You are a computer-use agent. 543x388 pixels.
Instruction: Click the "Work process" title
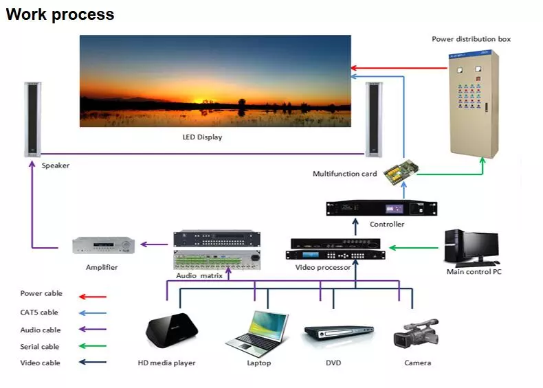[x=60, y=14]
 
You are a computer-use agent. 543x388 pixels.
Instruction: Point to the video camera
[x=416, y=332]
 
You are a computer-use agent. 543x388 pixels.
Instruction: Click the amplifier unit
[x=104, y=245]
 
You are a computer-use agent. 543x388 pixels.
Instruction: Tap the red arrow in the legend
[x=93, y=297]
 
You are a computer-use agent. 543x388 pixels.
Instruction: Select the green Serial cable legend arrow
[x=93, y=347]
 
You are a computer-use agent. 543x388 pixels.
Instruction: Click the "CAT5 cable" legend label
[x=41, y=312]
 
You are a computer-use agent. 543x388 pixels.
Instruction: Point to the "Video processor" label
[x=323, y=267]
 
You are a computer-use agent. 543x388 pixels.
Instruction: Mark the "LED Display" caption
[x=202, y=137]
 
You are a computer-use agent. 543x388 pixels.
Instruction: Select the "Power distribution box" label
[x=471, y=39]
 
